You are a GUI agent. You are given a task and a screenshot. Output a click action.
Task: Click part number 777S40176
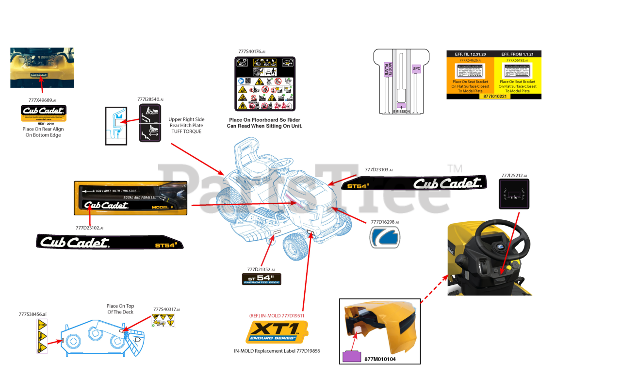(251, 51)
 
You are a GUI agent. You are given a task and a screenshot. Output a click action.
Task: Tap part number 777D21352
(261, 269)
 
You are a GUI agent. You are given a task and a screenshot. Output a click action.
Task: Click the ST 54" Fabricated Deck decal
(261, 279)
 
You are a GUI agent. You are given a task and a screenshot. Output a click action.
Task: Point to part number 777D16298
(384, 222)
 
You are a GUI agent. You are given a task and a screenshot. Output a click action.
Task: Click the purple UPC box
(416, 69)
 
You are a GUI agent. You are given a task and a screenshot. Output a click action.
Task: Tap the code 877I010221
(493, 97)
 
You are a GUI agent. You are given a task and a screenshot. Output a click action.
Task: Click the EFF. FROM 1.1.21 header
(517, 54)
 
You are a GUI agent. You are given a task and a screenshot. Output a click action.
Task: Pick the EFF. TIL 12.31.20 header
(469, 54)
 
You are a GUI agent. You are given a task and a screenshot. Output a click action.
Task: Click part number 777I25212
(514, 176)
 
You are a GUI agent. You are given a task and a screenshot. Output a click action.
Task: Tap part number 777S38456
(33, 314)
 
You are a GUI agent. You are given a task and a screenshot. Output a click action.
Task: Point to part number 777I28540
(150, 99)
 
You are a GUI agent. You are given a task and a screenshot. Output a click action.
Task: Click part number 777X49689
(42, 100)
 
